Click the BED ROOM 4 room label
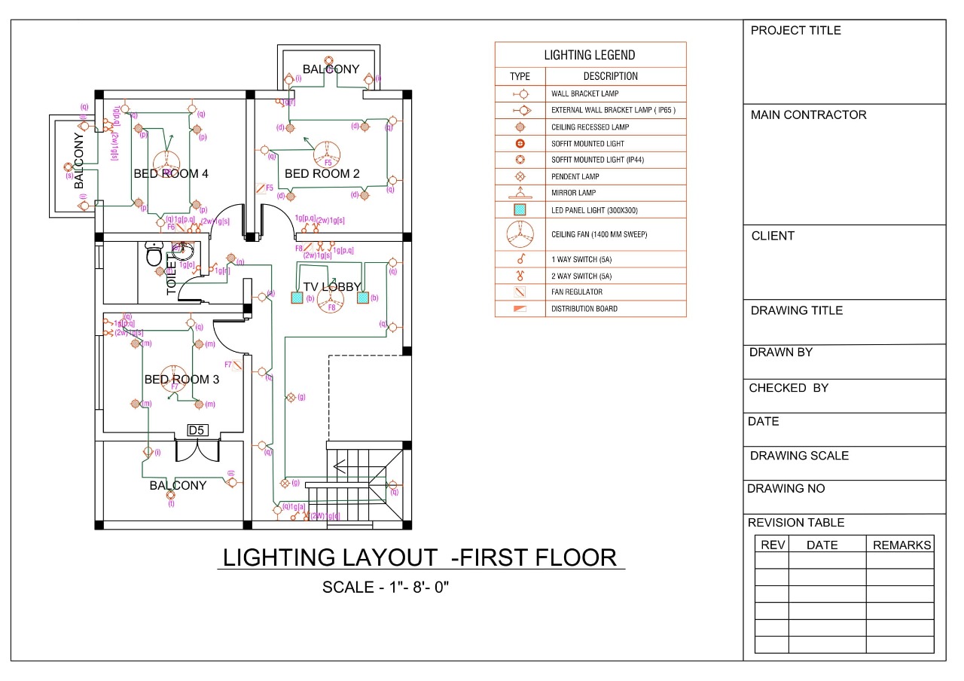coord(171,174)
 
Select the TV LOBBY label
coord(332,287)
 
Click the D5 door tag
coord(197,430)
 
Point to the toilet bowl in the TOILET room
coord(155,255)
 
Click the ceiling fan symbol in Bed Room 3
coord(175,381)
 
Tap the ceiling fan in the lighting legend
coord(520,234)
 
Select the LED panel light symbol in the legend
coord(520,210)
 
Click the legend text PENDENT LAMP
coord(575,177)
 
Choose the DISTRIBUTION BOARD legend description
coord(584,309)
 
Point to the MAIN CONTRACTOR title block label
coord(809,115)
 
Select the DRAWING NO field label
coord(786,488)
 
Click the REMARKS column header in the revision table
coord(901,545)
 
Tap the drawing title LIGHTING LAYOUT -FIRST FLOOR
coord(420,557)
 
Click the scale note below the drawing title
coord(386,587)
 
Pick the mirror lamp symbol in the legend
coord(520,193)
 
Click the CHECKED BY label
coord(789,388)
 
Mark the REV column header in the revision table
coord(772,545)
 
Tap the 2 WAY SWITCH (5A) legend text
coord(581,276)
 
